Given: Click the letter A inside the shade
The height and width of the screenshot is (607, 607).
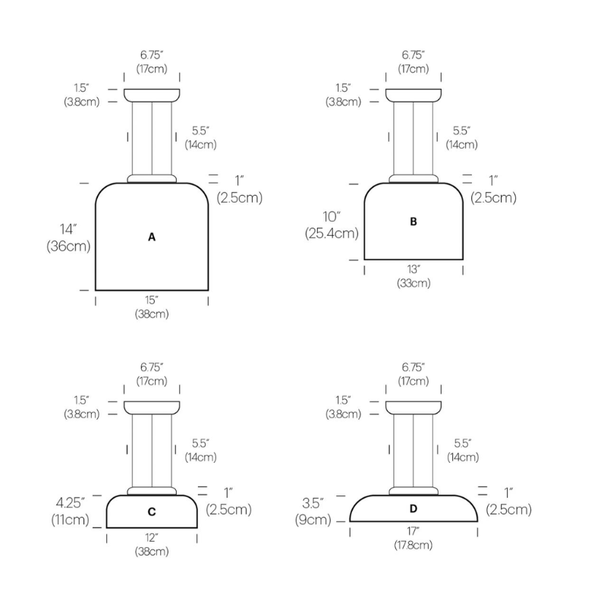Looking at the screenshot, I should point(152,237).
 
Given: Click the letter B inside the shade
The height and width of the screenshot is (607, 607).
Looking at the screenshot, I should point(414,222).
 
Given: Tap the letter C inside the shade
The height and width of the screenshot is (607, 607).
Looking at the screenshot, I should point(152,512).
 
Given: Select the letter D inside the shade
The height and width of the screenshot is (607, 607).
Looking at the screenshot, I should point(414,508).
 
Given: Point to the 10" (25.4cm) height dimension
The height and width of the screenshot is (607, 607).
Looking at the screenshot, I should point(331,225).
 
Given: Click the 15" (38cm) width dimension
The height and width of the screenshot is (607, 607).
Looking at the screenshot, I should point(152,307).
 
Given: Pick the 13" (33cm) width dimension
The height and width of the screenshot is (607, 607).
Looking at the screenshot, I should point(414,276).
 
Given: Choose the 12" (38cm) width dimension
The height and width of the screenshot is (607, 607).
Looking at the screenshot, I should point(152,545).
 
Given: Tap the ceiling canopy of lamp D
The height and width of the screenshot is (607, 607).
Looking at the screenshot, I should point(414,407).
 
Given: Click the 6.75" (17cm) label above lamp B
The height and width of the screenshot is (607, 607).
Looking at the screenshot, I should point(414,61).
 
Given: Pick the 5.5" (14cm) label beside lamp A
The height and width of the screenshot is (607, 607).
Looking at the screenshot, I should point(200,137).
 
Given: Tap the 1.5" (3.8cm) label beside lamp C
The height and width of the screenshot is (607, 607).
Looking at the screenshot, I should point(81,407).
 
